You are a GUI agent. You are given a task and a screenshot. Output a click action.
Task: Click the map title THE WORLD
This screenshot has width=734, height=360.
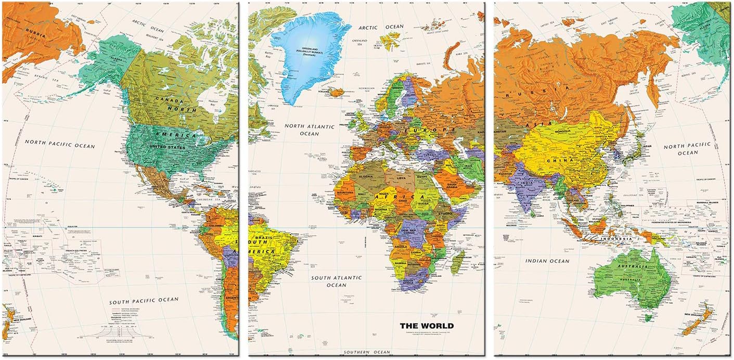click(x=426, y=326)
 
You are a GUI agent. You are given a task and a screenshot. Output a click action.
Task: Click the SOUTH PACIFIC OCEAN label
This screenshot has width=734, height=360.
click(x=144, y=300)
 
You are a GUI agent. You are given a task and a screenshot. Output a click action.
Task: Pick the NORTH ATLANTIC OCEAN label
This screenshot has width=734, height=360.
click(x=309, y=130)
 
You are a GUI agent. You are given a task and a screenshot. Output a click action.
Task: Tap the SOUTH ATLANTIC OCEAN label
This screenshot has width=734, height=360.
click(x=336, y=281)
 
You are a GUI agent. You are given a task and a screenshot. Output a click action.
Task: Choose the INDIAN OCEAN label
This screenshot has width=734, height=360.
click(x=547, y=261)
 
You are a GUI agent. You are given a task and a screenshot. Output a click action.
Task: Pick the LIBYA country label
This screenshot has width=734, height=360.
click(x=401, y=178)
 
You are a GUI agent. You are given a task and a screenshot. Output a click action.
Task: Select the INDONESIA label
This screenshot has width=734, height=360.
click(x=616, y=239)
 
